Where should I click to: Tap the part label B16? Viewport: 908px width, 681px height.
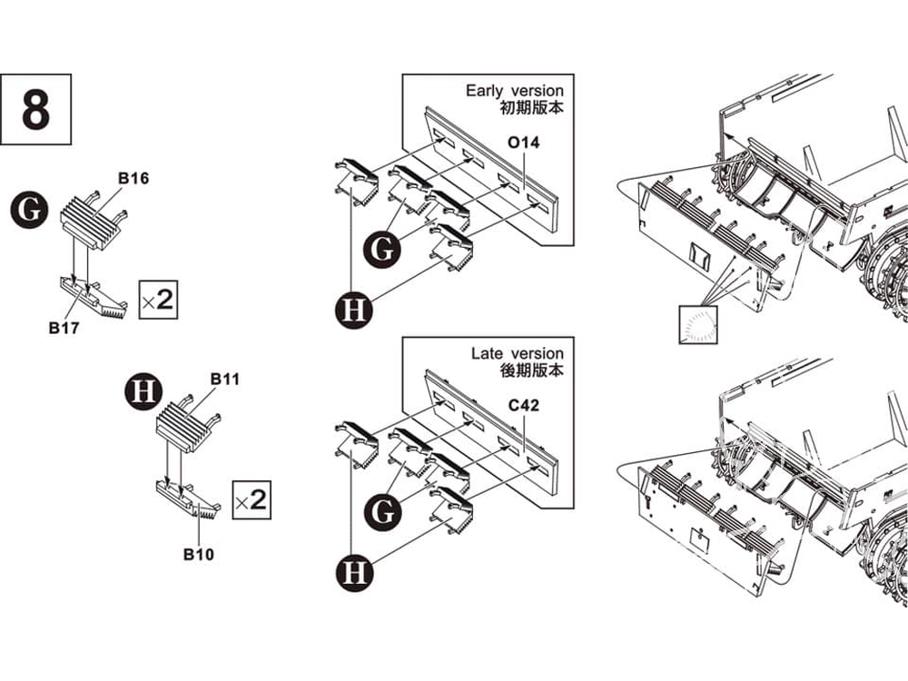tap(133, 178)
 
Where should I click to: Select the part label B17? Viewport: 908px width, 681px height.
tap(64, 328)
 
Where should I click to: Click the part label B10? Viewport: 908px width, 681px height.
tap(198, 554)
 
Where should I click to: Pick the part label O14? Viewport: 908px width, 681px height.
tap(524, 143)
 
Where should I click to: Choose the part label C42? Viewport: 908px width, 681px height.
tap(524, 405)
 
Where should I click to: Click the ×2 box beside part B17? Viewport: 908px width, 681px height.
tap(157, 299)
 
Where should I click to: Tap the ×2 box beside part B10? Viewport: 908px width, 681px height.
tap(251, 499)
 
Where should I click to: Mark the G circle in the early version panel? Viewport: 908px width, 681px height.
tap(383, 248)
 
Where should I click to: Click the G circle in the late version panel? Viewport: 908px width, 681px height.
tap(383, 513)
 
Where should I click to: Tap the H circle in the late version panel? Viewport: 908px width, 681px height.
tap(354, 573)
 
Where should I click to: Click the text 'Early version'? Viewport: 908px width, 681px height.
tap(514, 91)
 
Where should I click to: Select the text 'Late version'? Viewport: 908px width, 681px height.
tap(517, 353)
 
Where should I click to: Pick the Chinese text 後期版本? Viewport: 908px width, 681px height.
tap(531, 371)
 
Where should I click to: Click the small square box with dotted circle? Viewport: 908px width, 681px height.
tap(696, 325)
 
